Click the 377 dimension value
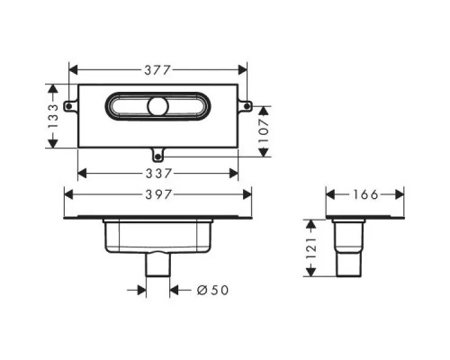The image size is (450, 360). pos(157,70)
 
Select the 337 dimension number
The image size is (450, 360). pos(158,174)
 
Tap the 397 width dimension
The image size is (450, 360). pos(158,195)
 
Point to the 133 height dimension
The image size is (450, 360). pos(53,116)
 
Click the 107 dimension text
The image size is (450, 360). pos(264,131)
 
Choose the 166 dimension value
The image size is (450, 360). pos(365,195)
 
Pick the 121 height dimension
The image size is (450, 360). pos(310,248)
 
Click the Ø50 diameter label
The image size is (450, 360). pos(212,290)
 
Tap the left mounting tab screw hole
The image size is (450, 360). pos(68,106)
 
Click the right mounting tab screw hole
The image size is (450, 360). pos(247,106)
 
